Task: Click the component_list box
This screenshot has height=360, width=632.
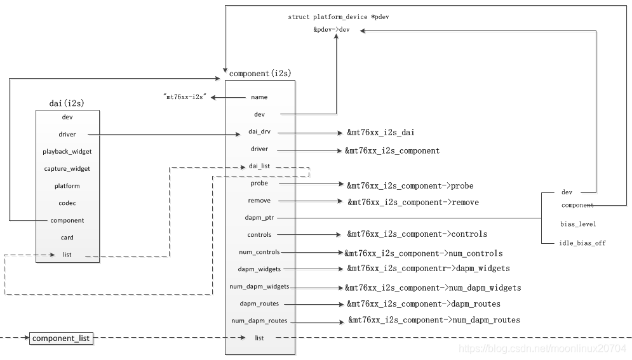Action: [x=62, y=339]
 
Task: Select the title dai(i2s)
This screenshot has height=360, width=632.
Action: [x=67, y=103]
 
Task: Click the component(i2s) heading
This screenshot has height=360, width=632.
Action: [x=260, y=74]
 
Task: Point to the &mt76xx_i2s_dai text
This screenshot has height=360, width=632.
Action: [x=381, y=133]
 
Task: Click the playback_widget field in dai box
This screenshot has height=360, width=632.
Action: [x=67, y=152]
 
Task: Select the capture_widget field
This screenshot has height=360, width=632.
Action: [x=67, y=169]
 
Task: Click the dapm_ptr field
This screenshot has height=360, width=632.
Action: [x=259, y=218]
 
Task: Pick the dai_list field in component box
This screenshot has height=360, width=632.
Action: [x=259, y=166]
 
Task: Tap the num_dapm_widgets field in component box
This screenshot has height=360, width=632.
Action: [x=259, y=287]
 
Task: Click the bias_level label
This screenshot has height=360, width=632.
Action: [x=578, y=224]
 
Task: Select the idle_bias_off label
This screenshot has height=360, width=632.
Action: [x=582, y=243]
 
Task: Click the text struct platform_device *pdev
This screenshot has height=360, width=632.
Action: [x=338, y=17]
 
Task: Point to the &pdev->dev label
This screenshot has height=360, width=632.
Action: [x=331, y=30]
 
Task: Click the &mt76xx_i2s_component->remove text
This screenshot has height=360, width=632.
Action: [x=413, y=203]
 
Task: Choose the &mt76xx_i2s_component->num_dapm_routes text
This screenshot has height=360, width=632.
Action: [x=434, y=320]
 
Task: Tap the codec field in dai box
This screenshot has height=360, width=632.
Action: [x=67, y=203]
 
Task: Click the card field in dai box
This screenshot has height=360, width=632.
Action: [x=67, y=237]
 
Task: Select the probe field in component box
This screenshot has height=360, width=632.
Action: [x=259, y=183]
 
